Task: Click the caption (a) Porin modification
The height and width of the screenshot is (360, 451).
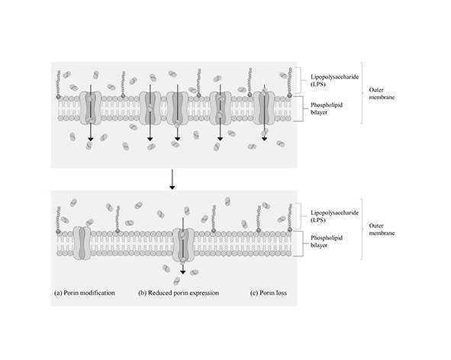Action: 85,293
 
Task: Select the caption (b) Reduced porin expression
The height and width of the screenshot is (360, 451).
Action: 179,293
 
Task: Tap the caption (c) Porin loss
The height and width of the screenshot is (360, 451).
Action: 269,293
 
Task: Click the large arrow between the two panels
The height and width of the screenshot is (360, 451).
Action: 172,179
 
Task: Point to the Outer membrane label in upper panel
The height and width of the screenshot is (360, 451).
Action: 382,94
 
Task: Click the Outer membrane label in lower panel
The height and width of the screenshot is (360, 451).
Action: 382,229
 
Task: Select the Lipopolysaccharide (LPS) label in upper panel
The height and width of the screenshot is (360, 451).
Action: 334,81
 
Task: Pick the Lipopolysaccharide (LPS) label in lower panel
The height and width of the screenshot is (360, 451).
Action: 334,217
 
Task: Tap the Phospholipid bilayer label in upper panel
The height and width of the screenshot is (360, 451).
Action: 327,108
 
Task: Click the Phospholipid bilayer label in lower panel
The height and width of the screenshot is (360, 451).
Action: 327,242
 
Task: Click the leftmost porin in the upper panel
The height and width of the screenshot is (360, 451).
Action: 90,108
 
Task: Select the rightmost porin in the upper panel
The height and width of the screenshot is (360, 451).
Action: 264,108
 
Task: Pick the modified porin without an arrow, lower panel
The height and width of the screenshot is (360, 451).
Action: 82,243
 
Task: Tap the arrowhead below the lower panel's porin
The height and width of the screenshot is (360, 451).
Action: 182,272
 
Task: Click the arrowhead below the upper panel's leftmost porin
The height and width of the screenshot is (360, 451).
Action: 91,139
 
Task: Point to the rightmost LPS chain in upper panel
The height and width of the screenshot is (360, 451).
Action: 290,82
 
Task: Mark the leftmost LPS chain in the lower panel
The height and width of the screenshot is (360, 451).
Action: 59,220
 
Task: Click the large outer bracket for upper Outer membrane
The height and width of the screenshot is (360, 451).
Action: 362,93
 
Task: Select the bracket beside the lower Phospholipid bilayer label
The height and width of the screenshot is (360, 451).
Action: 303,243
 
